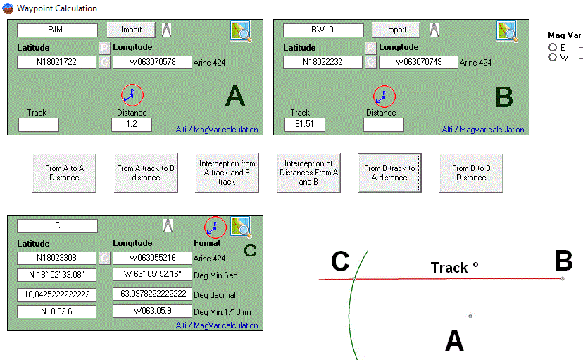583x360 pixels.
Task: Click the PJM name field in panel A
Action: pyautogui.click(x=57, y=30)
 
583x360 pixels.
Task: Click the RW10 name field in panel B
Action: pyautogui.click(x=323, y=30)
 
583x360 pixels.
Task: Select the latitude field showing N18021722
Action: pyautogui.click(x=57, y=62)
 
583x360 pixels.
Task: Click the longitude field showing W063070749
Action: pyautogui.click(x=418, y=62)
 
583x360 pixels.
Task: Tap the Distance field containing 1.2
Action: pyautogui.click(x=132, y=125)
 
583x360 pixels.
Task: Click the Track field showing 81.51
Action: pyautogui.click(x=304, y=125)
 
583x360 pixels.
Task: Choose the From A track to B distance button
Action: pyautogui.click(x=144, y=173)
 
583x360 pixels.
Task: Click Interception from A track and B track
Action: pyautogui.click(x=227, y=173)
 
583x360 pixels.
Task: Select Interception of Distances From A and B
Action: pyautogui.click(x=308, y=173)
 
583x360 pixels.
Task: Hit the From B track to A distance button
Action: pyautogui.click(x=389, y=173)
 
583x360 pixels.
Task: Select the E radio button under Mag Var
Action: pyautogui.click(x=553, y=47)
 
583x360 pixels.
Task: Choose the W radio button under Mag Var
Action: pyautogui.click(x=553, y=57)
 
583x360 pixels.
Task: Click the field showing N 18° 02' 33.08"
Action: pyautogui.click(x=57, y=275)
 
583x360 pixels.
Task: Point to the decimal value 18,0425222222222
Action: pyautogui.click(x=57, y=294)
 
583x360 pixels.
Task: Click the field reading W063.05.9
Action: pyautogui.click(x=151, y=311)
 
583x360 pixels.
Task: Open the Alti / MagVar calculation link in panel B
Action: pyautogui.click(x=483, y=130)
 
